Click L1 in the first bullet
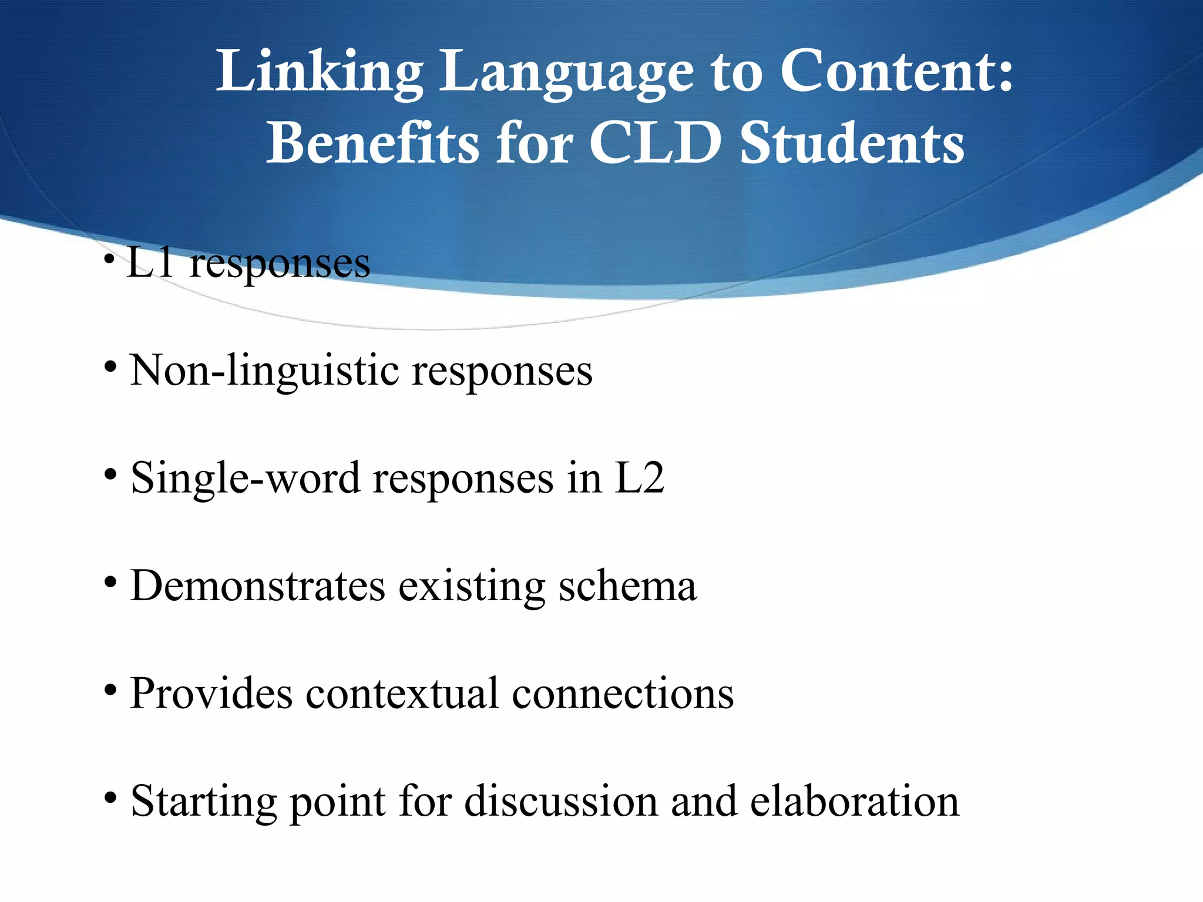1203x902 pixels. coord(150,262)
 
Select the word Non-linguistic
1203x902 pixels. coord(264,371)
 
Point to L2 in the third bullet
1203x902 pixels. coord(639,478)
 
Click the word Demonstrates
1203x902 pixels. coord(258,586)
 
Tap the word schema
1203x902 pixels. coord(627,586)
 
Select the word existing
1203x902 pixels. coord(472,586)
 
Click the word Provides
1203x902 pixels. coord(211,694)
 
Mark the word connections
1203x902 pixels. coord(623,694)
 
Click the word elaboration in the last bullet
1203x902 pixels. coord(854,802)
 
